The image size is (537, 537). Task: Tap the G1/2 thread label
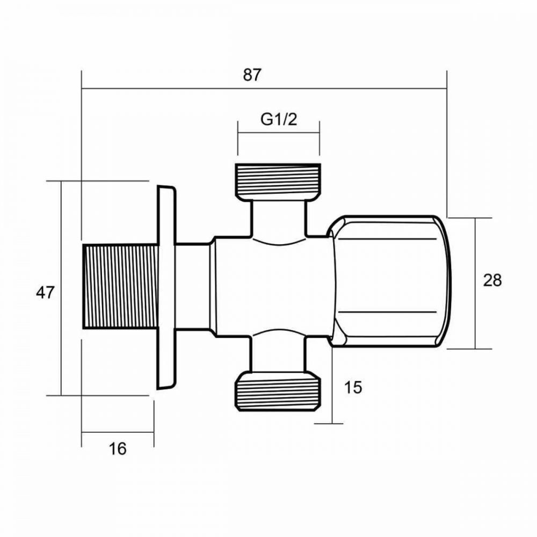[x=279, y=119]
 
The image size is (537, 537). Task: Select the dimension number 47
[x=45, y=293]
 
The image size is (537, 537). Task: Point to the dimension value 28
[x=492, y=280]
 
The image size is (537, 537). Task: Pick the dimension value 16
[x=118, y=448]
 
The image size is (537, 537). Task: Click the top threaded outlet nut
[x=278, y=181]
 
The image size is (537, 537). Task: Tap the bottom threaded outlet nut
[x=278, y=393]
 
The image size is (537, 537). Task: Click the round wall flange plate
[x=166, y=287]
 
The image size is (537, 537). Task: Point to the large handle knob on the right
[x=389, y=281]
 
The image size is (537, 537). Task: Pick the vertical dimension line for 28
[x=475, y=322]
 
